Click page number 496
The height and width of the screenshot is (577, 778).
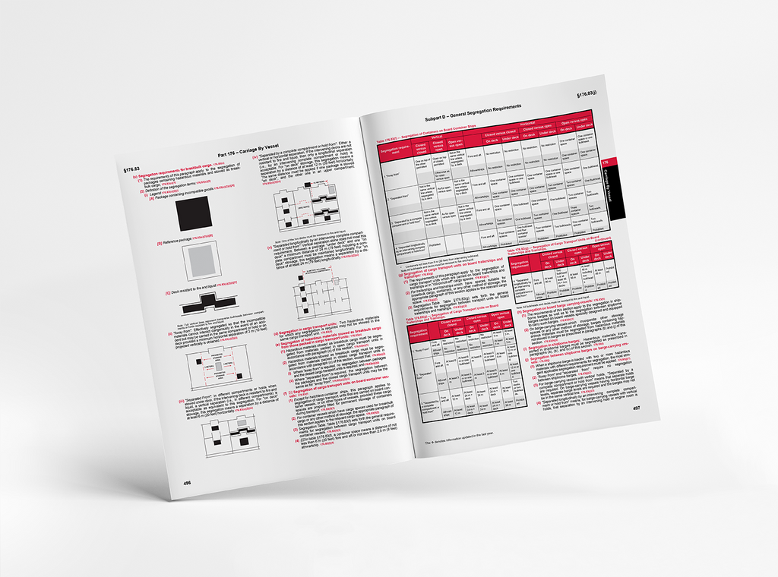pos(187,482)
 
